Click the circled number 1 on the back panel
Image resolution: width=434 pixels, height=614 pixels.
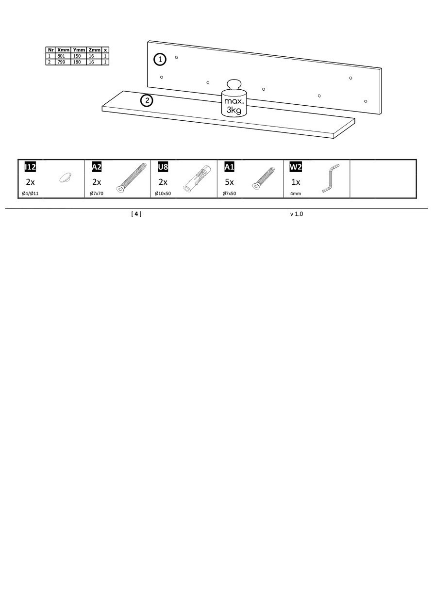[160, 60]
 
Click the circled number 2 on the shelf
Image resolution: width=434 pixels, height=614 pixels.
[147, 101]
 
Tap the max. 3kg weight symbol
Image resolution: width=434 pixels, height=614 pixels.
[234, 98]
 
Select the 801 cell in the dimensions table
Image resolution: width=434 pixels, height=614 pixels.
[63, 56]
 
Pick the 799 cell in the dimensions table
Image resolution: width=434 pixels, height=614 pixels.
[63, 62]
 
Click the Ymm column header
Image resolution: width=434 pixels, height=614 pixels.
[79, 50]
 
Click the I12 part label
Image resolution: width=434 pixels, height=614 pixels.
[30, 167]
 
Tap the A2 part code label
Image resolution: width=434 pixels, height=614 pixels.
[97, 167]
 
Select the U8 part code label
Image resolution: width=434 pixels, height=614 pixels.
[163, 167]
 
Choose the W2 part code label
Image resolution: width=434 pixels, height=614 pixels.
[296, 167]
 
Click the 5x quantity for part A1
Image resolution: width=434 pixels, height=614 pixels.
[229, 182]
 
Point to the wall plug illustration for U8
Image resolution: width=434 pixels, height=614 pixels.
[197, 178]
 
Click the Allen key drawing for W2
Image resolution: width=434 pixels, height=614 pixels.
[331, 178]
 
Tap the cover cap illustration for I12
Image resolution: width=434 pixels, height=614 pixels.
[65, 178]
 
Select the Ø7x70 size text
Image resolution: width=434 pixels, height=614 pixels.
[97, 194]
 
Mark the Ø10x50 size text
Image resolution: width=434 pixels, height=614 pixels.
[163, 194]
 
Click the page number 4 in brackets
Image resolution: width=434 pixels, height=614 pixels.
[136, 214]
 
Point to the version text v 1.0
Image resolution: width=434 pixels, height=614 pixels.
[297, 214]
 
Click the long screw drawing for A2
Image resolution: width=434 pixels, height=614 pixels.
[131, 178]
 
